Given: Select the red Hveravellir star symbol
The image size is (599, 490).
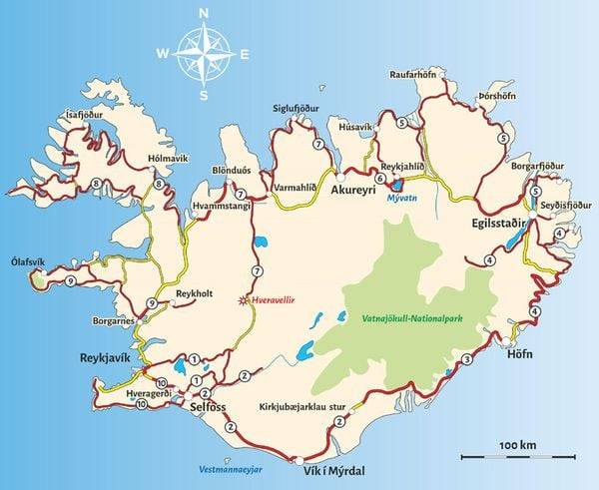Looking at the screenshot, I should (241, 299).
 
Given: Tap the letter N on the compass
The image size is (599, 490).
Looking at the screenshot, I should (204, 14).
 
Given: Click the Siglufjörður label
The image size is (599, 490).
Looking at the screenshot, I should (299, 108).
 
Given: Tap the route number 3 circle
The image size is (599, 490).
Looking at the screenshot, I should (467, 359).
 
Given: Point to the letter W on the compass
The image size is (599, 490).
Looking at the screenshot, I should (164, 53).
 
